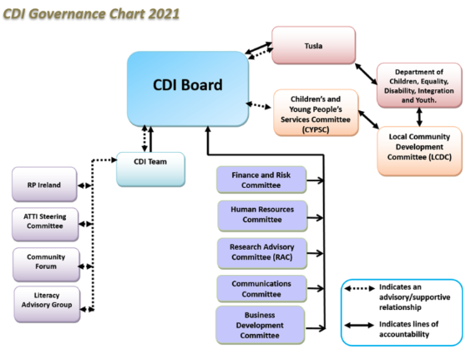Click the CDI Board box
(188, 89)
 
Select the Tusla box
(314, 45)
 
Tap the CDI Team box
(150, 170)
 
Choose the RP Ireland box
(44, 185)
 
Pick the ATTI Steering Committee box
(45, 224)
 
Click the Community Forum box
(46, 265)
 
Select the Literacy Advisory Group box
(47, 304)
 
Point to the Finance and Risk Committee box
(261, 180)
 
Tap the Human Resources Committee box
(262, 216)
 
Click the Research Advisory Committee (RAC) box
(262, 253)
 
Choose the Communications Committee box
(261, 288)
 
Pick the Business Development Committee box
(260, 325)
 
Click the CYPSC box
(316, 113)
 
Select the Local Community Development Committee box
(419, 151)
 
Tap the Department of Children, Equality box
(419, 85)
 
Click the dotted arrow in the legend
(360, 288)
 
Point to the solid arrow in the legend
(359, 325)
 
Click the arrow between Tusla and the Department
(366, 74)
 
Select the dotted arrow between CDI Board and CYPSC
(258, 105)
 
